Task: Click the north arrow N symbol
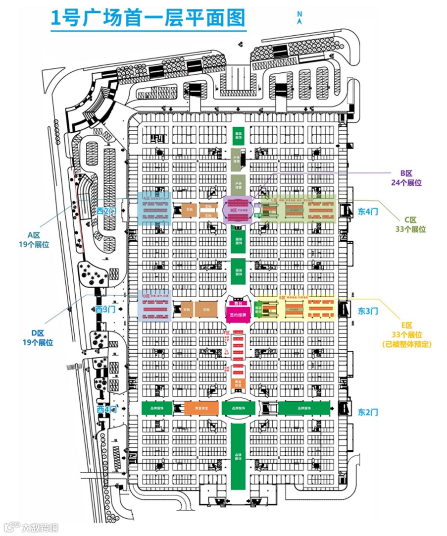click(299, 18)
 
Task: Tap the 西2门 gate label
click(107, 211)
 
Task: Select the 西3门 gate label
click(105, 309)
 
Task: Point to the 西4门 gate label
click(106, 410)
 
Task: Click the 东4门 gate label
click(368, 212)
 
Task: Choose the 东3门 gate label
click(368, 311)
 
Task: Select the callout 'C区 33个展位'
click(415, 224)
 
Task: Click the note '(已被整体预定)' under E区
click(407, 344)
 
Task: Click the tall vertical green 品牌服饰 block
click(239, 456)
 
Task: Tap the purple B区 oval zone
click(239, 211)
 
